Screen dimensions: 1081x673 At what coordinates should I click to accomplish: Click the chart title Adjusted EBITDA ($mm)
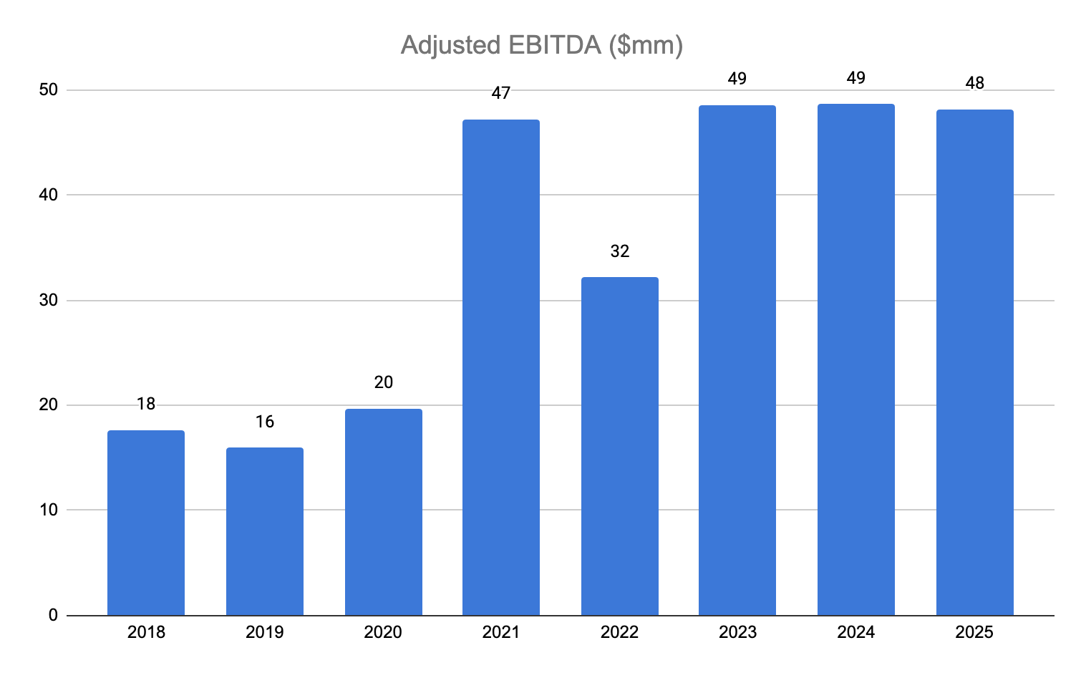tap(541, 45)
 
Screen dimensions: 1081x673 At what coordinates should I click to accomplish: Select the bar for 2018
tap(146, 523)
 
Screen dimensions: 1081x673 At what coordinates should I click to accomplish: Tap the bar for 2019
tap(265, 531)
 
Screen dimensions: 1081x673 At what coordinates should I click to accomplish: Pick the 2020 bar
tap(384, 512)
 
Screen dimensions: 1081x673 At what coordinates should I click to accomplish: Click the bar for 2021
tap(501, 367)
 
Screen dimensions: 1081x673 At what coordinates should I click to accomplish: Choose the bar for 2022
tap(620, 446)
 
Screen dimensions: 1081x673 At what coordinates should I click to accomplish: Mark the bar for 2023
tap(737, 360)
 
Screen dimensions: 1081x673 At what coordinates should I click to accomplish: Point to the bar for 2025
tap(975, 362)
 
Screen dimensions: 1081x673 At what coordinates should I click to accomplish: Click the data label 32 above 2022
tap(620, 251)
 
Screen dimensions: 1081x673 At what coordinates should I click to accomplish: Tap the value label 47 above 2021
tap(501, 92)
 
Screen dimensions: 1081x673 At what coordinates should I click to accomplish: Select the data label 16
tap(265, 422)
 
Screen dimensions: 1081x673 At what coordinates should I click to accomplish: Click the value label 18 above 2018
tap(146, 404)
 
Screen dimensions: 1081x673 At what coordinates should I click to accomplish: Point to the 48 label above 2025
tap(975, 83)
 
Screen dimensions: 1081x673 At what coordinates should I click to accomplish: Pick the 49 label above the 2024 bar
tap(856, 78)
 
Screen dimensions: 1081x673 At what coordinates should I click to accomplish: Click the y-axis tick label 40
tap(48, 195)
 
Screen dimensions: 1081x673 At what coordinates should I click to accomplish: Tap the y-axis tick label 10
tap(48, 510)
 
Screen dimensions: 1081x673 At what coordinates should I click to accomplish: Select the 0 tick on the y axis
tap(53, 615)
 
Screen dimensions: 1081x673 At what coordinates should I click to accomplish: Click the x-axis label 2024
tap(856, 632)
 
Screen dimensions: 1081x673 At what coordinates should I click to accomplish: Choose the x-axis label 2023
tap(737, 632)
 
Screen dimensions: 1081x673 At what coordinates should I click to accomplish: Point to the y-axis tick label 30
tap(48, 300)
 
